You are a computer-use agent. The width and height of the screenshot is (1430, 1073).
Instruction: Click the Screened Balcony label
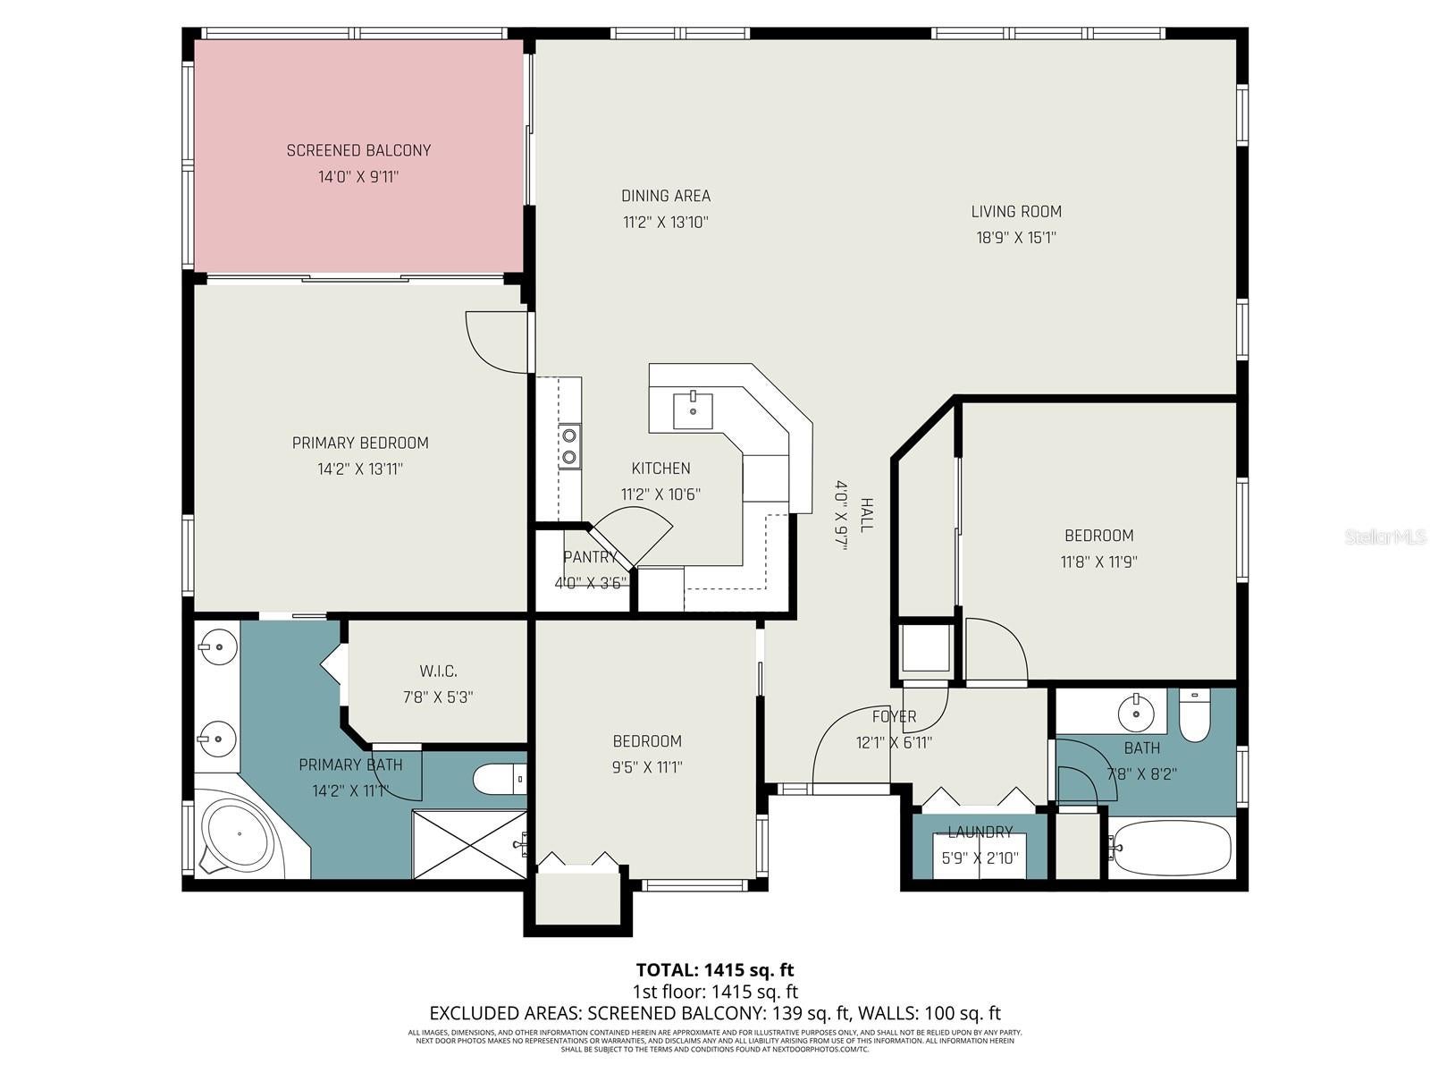tap(358, 150)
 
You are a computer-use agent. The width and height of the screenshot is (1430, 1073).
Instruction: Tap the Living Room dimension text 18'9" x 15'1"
tap(1016, 238)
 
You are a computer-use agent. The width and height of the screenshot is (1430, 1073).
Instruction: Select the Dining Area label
tap(666, 196)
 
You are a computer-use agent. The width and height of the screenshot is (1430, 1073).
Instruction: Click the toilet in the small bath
tap(1195, 715)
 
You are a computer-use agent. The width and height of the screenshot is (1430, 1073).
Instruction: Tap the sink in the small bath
tap(1137, 713)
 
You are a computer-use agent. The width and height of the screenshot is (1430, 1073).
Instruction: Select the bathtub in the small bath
tap(1168, 847)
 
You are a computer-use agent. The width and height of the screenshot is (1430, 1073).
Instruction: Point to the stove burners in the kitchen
tap(568, 446)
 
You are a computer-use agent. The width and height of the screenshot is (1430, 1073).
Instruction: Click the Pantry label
tap(590, 557)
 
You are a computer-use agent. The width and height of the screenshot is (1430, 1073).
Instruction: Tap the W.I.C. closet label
tap(438, 671)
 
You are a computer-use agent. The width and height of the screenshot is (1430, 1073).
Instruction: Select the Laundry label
tap(980, 832)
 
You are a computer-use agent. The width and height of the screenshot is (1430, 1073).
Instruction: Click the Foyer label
tap(894, 716)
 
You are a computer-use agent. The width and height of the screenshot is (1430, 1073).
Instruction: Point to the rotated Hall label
tap(865, 515)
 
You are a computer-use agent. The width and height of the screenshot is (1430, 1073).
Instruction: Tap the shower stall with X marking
tap(468, 844)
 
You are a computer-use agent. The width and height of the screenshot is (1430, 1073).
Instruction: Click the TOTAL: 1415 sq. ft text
tap(714, 969)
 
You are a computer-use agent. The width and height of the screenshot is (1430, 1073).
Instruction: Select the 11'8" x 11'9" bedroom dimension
tap(1098, 562)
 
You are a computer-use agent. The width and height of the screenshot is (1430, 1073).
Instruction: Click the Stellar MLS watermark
tap(1384, 537)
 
